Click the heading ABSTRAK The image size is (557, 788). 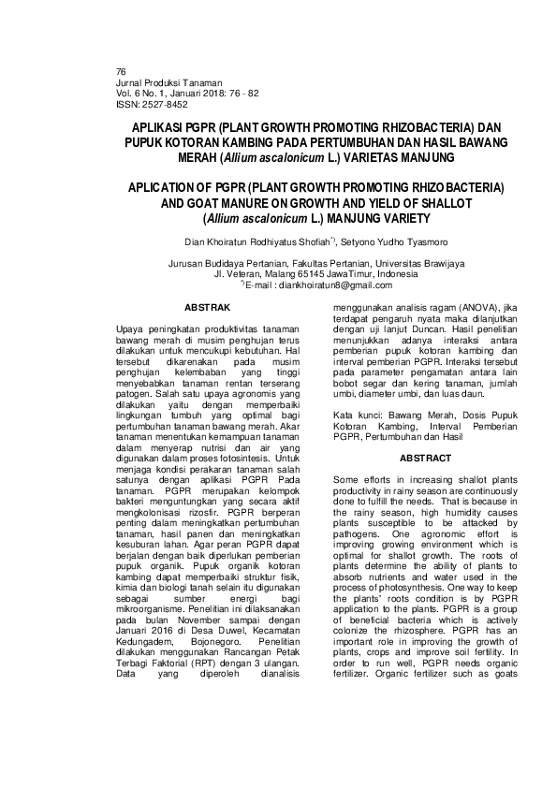point(208,307)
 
